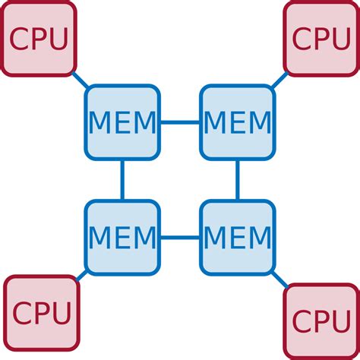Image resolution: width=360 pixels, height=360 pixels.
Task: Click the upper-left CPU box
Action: pyautogui.click(x=38, y=38)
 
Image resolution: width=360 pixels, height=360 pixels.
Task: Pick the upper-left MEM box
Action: pyautogui.click(x=122, y=122)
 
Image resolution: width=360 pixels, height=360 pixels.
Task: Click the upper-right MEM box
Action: pyautogui.click(x=237, y=122)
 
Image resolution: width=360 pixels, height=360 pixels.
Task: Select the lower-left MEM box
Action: pyautogui.click(x=122, y=237)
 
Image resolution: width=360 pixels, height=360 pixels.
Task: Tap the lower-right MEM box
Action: pyautogui.click(x=237, y=237)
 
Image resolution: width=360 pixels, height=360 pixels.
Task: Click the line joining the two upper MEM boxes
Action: pyautogui.click(x=180, y=122)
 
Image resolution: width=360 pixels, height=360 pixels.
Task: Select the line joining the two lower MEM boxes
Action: pyautogui.click(x=180, y=237)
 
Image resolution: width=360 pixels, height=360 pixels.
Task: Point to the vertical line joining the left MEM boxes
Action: pyautogui.click(x=122, y=180)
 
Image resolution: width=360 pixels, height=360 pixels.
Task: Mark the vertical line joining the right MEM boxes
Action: pyautogui.click(x=237, y=180)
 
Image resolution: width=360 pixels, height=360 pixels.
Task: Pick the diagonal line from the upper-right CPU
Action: pyautogui.click(x=279, y=81)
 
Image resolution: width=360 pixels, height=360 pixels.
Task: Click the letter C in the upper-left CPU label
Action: pyautogui.click(x=18, y=38)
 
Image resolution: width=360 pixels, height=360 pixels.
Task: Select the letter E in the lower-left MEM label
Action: pyautogui.click(x=122, y=238)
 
